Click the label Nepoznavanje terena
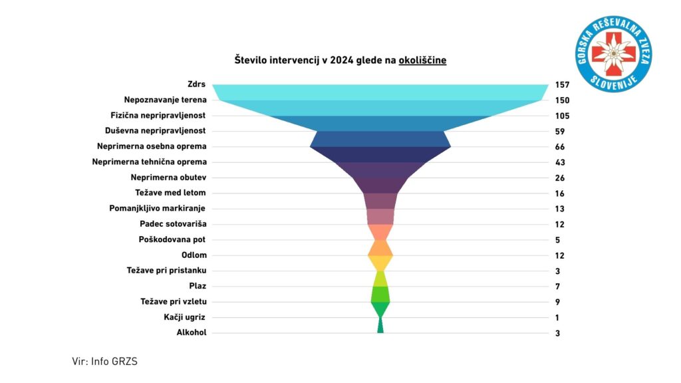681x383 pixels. click(x=165, y=100)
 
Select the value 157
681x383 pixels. click(x=562, y=85)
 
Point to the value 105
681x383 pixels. click(x=562, y=116)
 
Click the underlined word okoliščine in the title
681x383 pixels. click(x=422, y=61)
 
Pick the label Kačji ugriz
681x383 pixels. click(x=185, y=317)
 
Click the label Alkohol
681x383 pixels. click(x=191, y=332)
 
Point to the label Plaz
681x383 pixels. click(x=196, y=286)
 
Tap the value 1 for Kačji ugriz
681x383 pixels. click(x=557, y=318)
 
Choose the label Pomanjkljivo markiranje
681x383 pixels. click(x=158, y=208)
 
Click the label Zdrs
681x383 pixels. click(x=197, y=84)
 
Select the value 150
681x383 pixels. click(x=562, y=100)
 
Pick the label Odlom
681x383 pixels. click(x=194, y=255)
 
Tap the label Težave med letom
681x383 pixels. click(x=170, y=193)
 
